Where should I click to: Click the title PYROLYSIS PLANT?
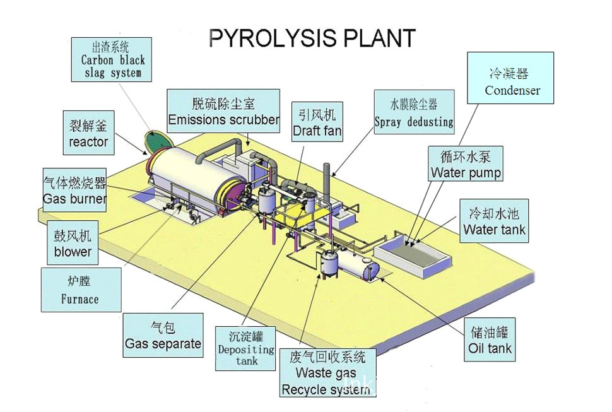(312, 38)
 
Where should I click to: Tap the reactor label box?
(88, 134)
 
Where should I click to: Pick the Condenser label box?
(512, 78)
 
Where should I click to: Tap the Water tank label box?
(494, 221)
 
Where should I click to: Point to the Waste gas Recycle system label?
(327, 373)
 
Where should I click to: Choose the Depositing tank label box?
(246, 348)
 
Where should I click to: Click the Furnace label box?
(80, 290)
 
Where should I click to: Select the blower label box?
(73, 244)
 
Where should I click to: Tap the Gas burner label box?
(74, 191)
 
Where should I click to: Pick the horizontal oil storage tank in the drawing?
(360, 265)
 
